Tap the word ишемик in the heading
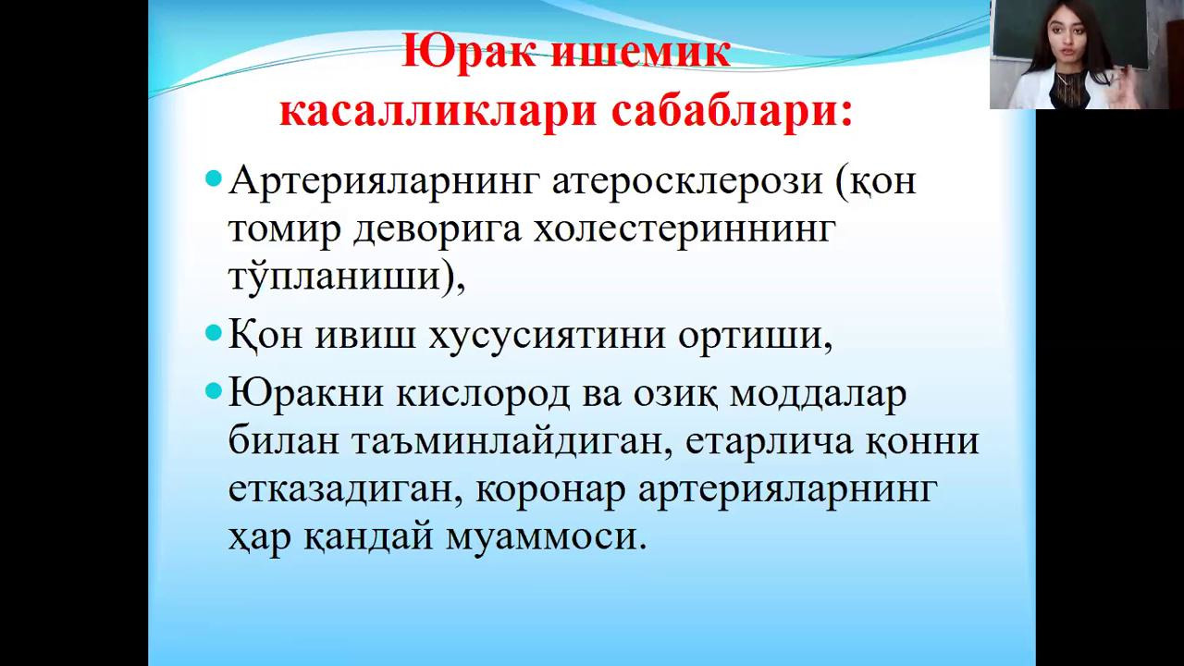tap(641, 52)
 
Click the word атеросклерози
tap(687, 181)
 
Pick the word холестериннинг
tap(684, 230)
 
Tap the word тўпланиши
tap(335, 276)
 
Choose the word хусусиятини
tap(547, 336)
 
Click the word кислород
tap(483, 394)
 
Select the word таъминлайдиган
tap(505, 442)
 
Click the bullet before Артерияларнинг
tap(213, 179)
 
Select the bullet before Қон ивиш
tap(213, 332)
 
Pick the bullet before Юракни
tap(213, 391)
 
